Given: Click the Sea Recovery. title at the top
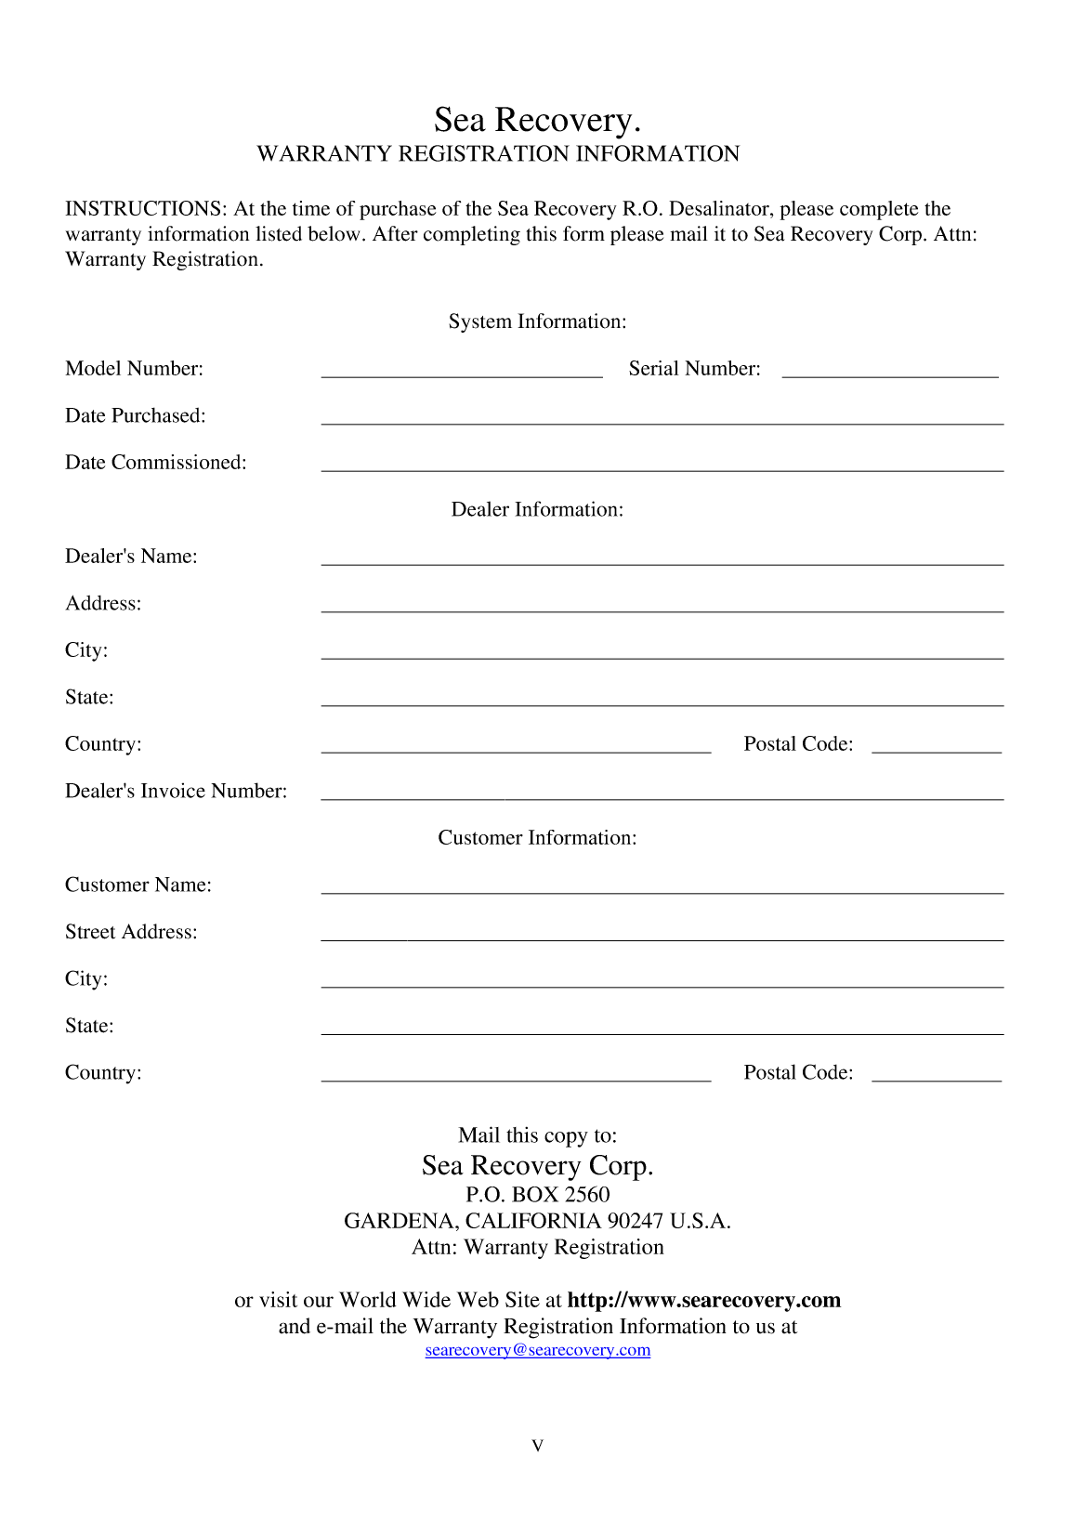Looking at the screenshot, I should [537, 120].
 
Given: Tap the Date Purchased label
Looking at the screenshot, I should [136, 415].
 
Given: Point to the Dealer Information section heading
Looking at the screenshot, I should [537, 509].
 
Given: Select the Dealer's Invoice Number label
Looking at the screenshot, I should [177, 791].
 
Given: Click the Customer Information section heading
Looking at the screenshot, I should [537, 837].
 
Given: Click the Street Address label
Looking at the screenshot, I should [131, 931].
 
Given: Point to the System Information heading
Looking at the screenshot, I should [537, 321].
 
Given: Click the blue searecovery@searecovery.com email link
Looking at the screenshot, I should [537, 1350].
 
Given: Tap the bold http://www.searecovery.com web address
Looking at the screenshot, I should [703, 1300].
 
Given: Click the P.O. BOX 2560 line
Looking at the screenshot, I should [537, 1194].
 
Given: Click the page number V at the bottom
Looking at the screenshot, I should [537, 1446].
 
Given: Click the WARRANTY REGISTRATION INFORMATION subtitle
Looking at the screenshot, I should [498, 154].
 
